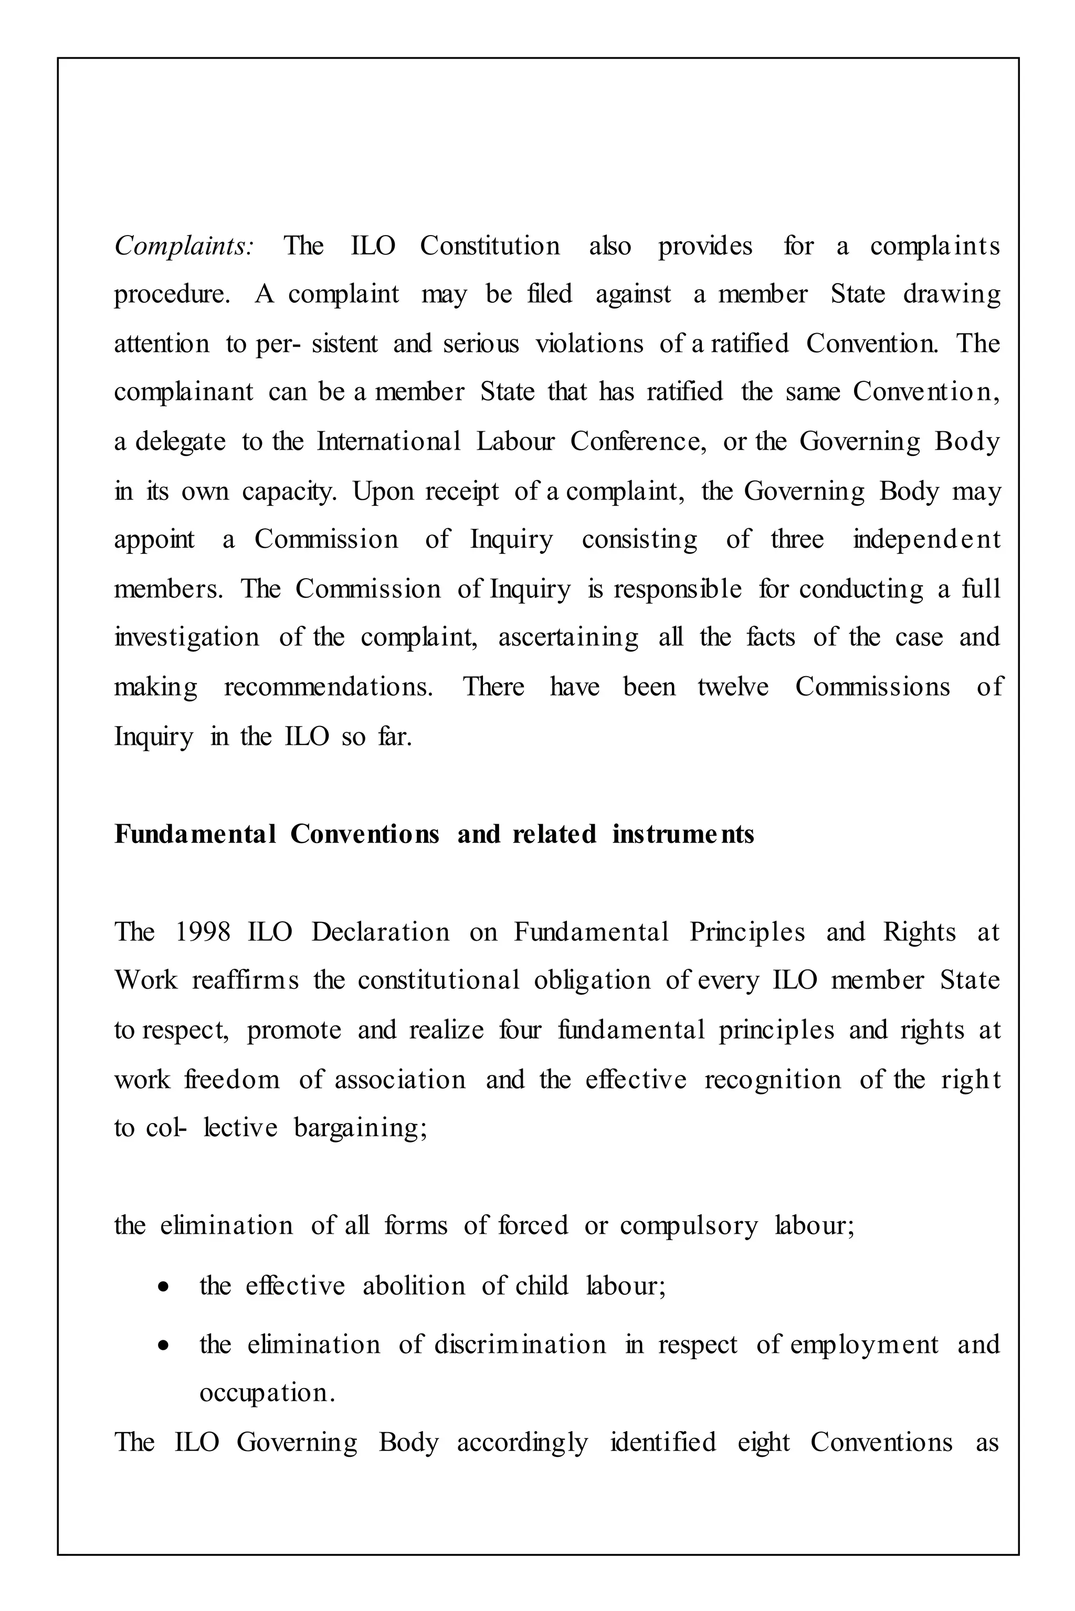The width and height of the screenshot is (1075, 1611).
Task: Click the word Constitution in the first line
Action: [x=490, y=246]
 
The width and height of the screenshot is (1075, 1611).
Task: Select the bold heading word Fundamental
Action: [x=195, y=835]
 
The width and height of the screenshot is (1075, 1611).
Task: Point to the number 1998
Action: [x=203, y=933]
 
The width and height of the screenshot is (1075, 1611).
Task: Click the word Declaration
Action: [x=381, y=933]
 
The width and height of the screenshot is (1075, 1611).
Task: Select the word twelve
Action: [x=733, y=687]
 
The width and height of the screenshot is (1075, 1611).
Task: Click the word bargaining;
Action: [x=361, y=1128]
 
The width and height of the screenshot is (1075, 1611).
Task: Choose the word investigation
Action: [x=186, y=638]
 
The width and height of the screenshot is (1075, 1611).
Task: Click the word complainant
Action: [x=184, y=392]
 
